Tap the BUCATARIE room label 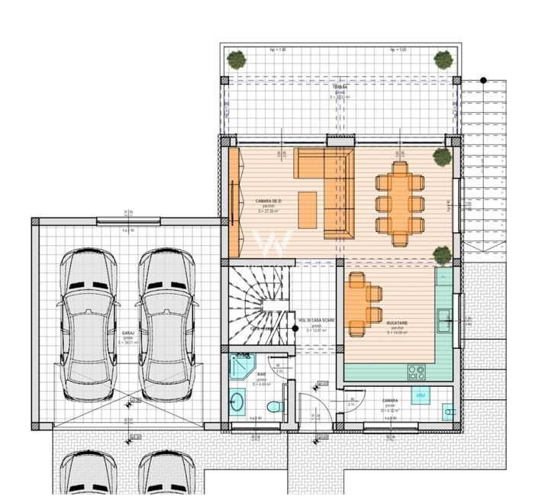tap(397, 323)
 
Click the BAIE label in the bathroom tap(262, 374)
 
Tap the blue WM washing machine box tap(420, 395)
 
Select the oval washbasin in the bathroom tap(237, 399)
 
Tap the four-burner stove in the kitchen tap(417, 372)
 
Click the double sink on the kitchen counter tap(443, 321)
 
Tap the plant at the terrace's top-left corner tap(237, 58)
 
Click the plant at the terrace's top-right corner tap(443, 59)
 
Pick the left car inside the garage tap(89, 324)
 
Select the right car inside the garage tap(167, 324)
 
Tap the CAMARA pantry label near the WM tap(390, 400)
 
